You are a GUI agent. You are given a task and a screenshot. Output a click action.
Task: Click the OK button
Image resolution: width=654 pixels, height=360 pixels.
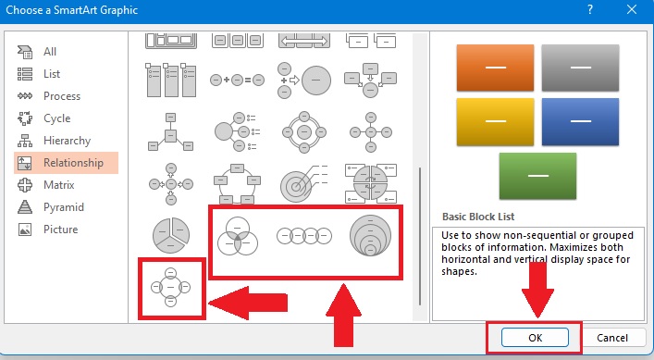534,337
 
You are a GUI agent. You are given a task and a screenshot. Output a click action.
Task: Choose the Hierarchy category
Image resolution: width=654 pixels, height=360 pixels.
67,141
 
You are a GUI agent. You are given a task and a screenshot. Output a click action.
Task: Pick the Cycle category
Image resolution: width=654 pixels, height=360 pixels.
56,118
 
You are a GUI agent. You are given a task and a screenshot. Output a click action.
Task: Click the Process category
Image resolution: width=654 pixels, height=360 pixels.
61,96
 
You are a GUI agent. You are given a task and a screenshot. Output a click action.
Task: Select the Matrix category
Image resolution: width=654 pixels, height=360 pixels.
58,185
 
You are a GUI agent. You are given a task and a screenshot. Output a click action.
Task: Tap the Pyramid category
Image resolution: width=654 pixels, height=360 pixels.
63,207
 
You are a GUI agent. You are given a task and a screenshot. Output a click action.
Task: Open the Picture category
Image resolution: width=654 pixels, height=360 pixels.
60,230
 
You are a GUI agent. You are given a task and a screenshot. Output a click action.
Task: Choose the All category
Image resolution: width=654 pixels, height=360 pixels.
50,52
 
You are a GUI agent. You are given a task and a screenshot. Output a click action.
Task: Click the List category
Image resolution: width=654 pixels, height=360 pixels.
52,74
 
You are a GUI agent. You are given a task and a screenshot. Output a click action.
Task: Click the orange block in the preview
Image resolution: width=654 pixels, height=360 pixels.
495,67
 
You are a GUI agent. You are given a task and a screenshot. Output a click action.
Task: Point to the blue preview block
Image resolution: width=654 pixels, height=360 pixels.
579,122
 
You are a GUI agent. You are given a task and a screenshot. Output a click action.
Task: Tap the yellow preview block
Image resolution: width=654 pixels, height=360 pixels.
495,122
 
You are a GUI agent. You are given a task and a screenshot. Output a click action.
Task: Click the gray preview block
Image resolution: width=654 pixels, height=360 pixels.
579,67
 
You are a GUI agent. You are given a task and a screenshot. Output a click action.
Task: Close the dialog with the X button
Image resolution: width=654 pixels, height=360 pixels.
632,9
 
